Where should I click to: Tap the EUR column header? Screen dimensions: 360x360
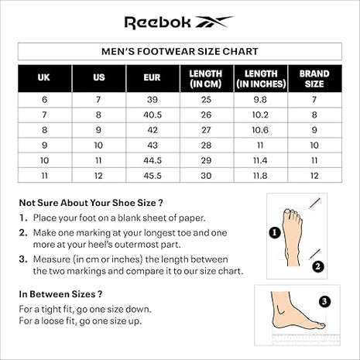coord(152,78)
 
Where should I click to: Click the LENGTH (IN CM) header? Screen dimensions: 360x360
coord(206,78)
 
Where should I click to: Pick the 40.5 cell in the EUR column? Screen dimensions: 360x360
coord(152,115)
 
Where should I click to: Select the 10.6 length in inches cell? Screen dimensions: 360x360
coord(260,130)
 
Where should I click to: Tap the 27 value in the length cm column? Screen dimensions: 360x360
coord(206,130)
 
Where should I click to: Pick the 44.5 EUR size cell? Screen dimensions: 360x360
coord(152,160)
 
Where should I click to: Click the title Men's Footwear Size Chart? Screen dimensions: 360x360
coord(180,52)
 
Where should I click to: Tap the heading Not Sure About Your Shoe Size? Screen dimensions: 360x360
coord(91,203)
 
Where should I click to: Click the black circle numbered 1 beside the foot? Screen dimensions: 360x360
coord(274,231)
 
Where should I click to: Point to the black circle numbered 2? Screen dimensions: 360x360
coord(317,266)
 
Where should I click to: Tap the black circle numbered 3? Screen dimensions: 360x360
coord(324,301)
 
